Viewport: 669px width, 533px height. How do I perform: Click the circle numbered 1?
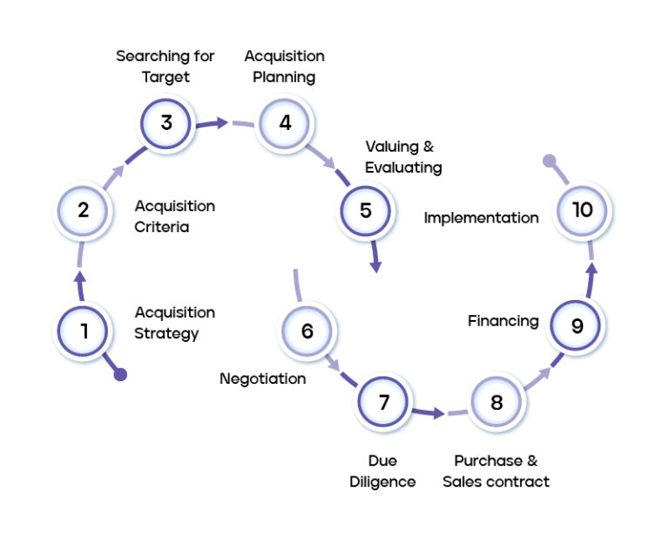(84, 331)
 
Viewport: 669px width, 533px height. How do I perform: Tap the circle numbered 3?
(166, 122)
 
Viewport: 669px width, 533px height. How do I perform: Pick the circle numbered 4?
(285, 122)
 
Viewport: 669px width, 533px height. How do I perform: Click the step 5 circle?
(365, 210)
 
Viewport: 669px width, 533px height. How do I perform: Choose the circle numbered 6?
(307, 331)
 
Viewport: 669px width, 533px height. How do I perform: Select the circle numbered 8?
(497, 402)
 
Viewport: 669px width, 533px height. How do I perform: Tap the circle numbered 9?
(577, 325)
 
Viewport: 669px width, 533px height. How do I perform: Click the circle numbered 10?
(582, 210)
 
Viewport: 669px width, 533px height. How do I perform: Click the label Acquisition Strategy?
(174, 323)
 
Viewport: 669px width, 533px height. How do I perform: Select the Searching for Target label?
(166, 66)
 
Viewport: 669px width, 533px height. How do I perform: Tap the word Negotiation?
(262, 379)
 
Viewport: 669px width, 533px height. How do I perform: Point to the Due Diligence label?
(382, 471)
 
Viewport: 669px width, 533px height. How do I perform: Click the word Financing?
(503, 321)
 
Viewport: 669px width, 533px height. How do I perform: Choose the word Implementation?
(481, 218)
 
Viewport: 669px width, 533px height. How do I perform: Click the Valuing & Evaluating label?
(403, 156)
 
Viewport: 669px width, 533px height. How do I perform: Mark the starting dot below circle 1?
(120, 374)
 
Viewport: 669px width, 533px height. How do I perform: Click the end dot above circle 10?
(549, 161)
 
